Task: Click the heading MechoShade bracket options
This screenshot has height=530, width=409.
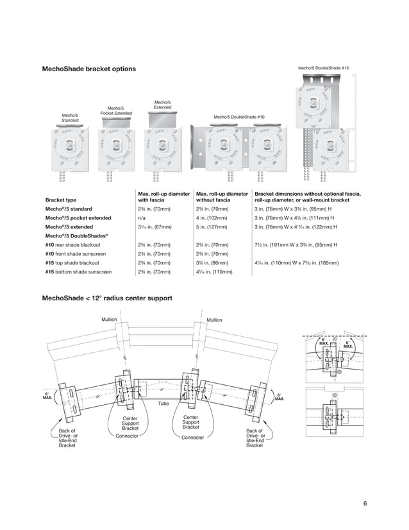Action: pyautogui.click(x=88, y=69)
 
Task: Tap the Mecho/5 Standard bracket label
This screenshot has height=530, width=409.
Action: pyautogui.click(x=70, y=117)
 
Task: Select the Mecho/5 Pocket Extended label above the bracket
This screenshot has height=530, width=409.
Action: pyautogui.click(x=116, y=111)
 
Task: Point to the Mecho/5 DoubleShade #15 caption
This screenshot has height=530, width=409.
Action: pyautogui.click(x=323, y=67)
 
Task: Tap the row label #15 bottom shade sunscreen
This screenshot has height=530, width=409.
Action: pyautogui.click(x=78, y=272)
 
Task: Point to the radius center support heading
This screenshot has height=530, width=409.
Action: pyautogui.click(x=106, y=298)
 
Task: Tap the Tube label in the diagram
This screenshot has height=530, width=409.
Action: pyautogui.click(x=163, y=403)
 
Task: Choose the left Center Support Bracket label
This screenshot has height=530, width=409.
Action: pyautogui.click(x=130, y=423)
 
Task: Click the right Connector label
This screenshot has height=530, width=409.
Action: pyautogui.click(x=192, y=437)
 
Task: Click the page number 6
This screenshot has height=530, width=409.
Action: pyautogui.click(x=365, y=502)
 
